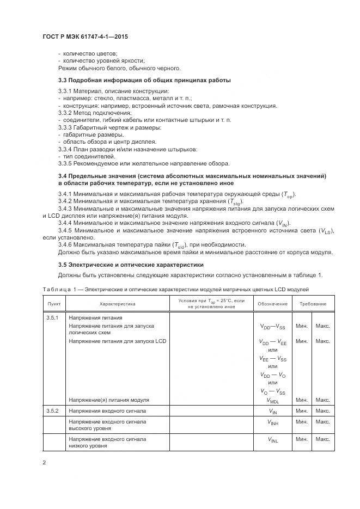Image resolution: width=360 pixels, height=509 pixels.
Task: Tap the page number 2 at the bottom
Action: (x=44, y=463)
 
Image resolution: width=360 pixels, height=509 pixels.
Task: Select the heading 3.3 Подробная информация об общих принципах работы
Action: (x=137, y=81)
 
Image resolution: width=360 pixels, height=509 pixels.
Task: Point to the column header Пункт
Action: (x=54, y=304)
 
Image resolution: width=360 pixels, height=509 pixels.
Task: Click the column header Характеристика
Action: (x=117, y=304)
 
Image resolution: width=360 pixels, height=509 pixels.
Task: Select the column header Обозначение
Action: (x=273, y=304)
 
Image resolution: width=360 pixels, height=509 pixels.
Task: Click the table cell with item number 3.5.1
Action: (x=53, y=317)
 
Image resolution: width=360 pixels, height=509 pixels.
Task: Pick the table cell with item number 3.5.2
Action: (x=53, y=410)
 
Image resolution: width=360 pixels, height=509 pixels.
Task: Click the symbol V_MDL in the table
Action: (x=273, y=400)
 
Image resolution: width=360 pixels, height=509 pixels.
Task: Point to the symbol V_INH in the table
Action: (x=273, y=422)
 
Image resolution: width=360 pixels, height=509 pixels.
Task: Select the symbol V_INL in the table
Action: (x=273, y=439)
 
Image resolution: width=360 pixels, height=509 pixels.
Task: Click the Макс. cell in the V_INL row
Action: (x=323, y=439)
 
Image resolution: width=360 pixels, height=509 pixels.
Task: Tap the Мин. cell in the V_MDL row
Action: (x=302, y=400)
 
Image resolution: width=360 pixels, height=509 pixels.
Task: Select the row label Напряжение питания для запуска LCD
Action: (x=117, y=341)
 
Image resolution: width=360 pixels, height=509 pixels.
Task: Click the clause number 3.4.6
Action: (x=66, y=244)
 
